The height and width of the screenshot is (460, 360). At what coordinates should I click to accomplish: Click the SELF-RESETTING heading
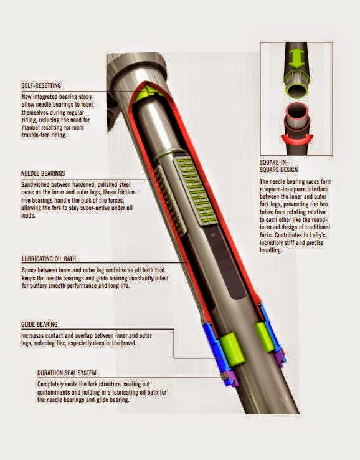[x=41, y=85]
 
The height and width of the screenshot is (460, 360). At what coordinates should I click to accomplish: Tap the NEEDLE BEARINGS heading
[x=43, y=173]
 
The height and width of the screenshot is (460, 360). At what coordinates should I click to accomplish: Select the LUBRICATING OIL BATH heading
[x=49, y=259]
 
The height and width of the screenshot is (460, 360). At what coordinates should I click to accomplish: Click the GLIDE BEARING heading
[x=39, y=324]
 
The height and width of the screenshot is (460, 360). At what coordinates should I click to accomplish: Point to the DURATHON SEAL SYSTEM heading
[x=67, y=373]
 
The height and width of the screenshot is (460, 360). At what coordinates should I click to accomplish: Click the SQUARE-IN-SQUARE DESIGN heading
[x=279, y=166]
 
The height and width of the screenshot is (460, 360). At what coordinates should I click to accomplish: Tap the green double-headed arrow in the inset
[x=297, y=59]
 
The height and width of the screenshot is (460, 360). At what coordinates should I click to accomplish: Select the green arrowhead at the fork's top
[x=146, y=92]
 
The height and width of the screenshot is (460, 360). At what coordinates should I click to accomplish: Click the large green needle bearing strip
[x=192, y=191]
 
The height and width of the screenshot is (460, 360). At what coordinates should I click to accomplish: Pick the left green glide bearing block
[x=232, y=349]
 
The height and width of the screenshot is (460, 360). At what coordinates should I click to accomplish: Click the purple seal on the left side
[x=231, y=380]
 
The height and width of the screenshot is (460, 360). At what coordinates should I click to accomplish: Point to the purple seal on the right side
[x=280, y=358]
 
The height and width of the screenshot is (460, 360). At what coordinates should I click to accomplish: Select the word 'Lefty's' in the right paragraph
[x=315, y=235]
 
